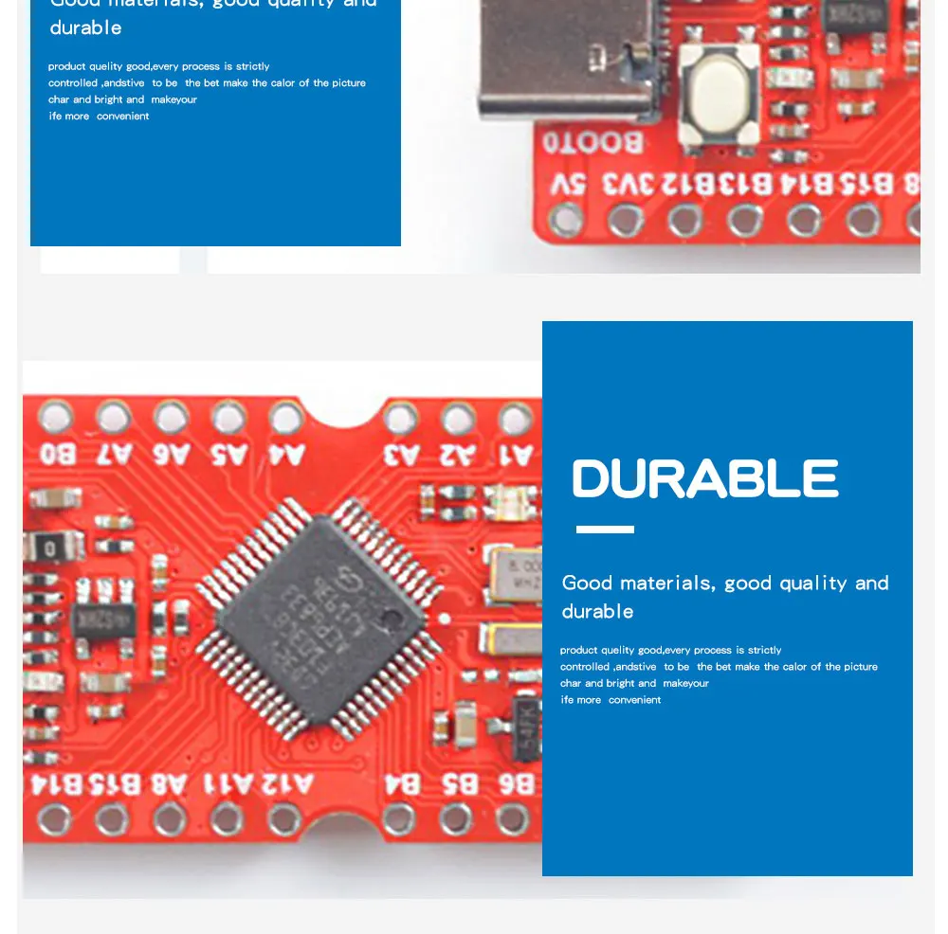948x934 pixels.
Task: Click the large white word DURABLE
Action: pyautogui.click(x=705, y=479)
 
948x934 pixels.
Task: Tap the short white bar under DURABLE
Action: pyautogui.click(x=605, y=530)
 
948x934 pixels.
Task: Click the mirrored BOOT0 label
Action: pyautogui.click(x=592, y=143)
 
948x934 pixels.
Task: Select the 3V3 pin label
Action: pyautogui.click(x=618, y=184)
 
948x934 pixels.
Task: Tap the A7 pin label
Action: pyautogui.click(x=114, y=454)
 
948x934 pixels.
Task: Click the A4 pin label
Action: pyautogui.click(x=286, y=454)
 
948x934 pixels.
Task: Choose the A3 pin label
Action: pyautogui.click(x=401, y=454)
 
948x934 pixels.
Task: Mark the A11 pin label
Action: pyautogui.click(x=229, y=784)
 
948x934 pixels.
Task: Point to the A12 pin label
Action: pyautogui.click(x=287, y=784)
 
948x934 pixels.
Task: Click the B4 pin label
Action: pyautogui.click(x=402, y=784)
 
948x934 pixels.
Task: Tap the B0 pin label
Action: pyautogui.click(x=57, y=454)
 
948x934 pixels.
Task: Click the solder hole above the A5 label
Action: pyautogui.click(x=228, y=416)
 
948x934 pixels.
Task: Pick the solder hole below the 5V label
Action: pyautogui.click(x=566, y=221)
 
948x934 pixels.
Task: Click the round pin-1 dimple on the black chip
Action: pyautogui.click(x=387, y=620)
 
